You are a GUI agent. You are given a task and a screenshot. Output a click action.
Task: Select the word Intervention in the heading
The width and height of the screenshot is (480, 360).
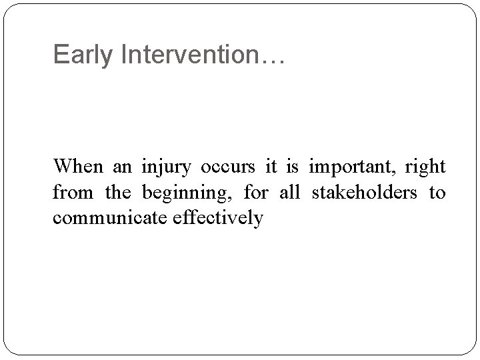tap(183, 55)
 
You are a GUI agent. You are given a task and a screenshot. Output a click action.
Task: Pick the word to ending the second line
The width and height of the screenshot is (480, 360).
tap(437, 193)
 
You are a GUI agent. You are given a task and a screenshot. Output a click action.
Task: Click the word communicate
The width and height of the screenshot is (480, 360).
tap(112, 218)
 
